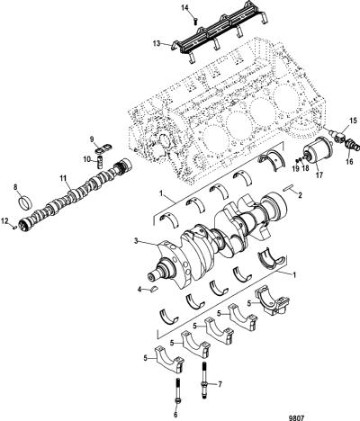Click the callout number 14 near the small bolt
(x=186, y=8)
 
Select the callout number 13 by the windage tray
(x=157, y=44)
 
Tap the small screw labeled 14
(x=195, y=22)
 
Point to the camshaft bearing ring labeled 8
(x=26, y=203)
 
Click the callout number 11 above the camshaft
(x=62, y=179)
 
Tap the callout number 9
(x=92, y=139)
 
